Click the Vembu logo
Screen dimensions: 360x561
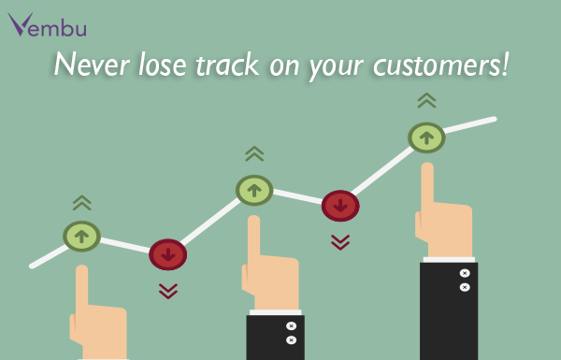pos(47,24)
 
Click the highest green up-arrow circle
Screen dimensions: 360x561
pos(426,137)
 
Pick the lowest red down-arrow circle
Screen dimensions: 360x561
pos(168,253)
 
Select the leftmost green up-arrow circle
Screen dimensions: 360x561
pos(81,236)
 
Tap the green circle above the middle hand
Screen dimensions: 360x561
pos(253,190)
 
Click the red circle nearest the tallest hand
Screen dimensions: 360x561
pos(339,205)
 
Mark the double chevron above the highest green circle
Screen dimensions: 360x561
pos(426,100)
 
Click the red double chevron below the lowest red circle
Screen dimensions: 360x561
pos(168,291)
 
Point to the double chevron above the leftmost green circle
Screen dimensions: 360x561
pos(81,202)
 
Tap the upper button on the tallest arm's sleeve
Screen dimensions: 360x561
pos(464,273)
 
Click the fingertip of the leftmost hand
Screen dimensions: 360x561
pos(81,272)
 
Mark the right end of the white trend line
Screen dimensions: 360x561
pos(493,119)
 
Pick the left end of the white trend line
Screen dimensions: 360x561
pos(33,266)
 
